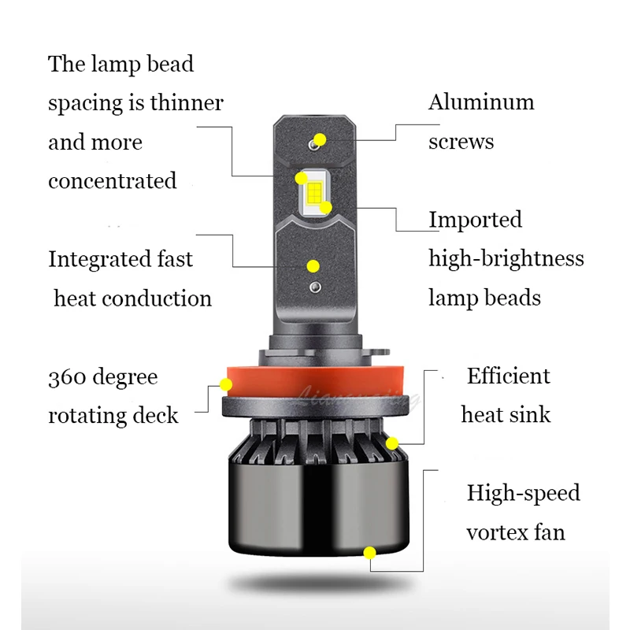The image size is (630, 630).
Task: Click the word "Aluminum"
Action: point(481,103)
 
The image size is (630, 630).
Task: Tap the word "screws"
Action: point(461,143)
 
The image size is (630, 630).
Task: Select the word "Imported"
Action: point(475,220)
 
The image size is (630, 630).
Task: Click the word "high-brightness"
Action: point(506,259)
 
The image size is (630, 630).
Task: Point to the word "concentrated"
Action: point(113,181)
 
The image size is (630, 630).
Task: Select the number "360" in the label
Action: point(67,378)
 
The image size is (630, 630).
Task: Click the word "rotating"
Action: point(85,417)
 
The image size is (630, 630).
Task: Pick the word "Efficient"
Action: point(508,376)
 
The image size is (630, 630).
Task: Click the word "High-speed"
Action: point(523,494)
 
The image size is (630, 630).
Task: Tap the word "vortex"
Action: point(493,532)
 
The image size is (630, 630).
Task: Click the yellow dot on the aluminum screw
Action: point(319,140)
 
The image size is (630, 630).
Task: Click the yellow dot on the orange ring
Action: point(226,385)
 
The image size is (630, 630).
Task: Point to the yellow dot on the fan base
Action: point(369,553)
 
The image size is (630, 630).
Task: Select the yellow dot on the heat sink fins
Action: point(392,443)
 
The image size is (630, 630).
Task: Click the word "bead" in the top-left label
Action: point(169,65)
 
